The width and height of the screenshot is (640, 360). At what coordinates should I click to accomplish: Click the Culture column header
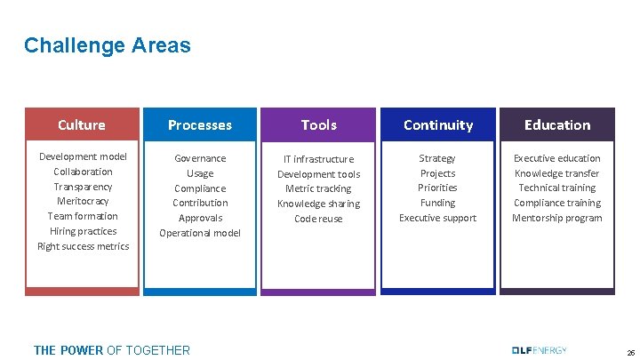click(x=82, y=125)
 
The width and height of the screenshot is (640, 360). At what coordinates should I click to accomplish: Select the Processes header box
click(x=200, y=125)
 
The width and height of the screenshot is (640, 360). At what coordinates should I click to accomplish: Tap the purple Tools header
click(x=319, y=125)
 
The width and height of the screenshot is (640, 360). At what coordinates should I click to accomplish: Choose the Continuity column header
click(x=438, y=125)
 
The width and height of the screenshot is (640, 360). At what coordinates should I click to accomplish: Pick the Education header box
click(x=557, y=125)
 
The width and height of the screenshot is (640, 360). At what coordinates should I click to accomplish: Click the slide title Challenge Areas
click(x=108, y=44)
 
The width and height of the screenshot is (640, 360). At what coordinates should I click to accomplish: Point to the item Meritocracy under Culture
click(x=83, y=202)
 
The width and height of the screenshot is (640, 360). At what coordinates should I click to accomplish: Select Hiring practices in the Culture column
click(x=83, y=231)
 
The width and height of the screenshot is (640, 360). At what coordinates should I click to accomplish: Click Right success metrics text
click(x=83, y=246)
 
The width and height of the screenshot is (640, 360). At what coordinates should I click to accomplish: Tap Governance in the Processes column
click(x=200, y=158)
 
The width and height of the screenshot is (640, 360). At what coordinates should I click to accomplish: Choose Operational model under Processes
click(x=200, y=233)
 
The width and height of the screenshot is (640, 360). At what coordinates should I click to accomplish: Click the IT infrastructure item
click(x=318, y=159)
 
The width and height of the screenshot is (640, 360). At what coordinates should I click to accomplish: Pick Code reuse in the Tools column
click(x=318, y=219)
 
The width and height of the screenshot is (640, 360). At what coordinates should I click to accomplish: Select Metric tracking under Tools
click(x=318, y=188)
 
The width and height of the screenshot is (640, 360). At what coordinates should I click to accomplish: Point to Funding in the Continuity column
click(x=437, y=203)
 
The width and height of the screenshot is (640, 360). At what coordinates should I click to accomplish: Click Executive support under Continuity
click(x=437, y=218)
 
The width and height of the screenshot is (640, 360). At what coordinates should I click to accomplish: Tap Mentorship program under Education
click(x=557, y=218)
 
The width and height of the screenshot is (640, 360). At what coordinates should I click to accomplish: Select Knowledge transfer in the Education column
click(x=557, y=173)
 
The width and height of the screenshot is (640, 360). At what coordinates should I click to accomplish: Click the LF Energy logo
click(x=540, y=350)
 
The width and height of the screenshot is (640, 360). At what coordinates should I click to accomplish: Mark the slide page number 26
click(x=630, y=352)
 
